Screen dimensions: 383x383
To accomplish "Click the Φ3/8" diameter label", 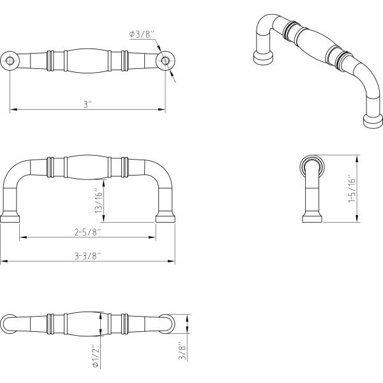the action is tap(142, 34).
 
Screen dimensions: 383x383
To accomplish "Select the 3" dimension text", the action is tap(87, 105).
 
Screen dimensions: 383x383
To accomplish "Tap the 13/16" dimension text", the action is tap(99, 201).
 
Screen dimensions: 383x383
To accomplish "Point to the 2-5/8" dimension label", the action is tap(87, 232).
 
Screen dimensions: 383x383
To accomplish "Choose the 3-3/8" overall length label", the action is tap(87, 256).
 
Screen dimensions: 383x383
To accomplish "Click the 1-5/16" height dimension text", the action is tap(352, 188).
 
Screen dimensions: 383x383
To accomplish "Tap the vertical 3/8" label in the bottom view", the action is tap(183, 350).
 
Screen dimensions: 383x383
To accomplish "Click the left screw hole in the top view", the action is tap(10, 61).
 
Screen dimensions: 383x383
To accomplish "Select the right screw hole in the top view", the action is tap(165, 61).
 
